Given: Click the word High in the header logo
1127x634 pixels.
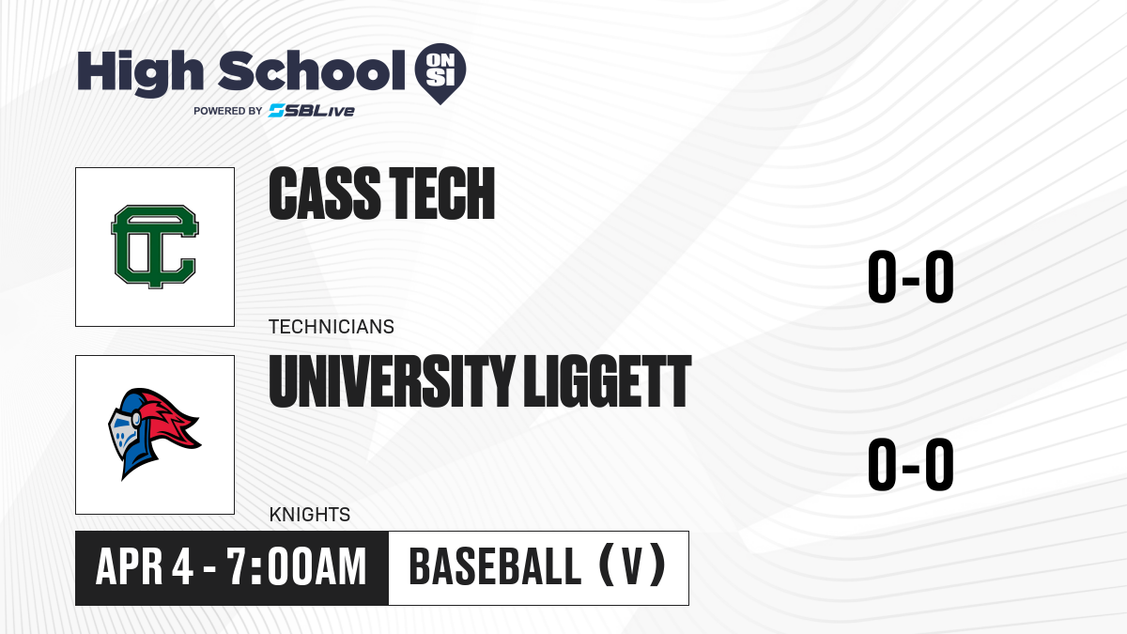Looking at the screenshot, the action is [140, 72].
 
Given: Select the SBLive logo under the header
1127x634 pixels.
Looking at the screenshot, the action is [312, 110].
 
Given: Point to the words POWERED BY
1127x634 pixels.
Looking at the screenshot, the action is [228, 111].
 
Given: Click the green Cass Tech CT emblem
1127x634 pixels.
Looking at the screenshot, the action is [155, 246].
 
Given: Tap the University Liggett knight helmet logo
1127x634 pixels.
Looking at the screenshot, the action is [154, 434].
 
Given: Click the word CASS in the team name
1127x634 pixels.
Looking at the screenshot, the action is [324, 193].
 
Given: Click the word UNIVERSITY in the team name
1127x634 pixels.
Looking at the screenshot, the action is [392, 381].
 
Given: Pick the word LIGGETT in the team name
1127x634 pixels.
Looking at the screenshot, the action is [608, 381].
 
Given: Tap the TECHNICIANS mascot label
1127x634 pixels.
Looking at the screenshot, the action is [331, 327].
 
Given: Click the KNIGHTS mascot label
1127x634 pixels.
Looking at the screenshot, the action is [309, 515].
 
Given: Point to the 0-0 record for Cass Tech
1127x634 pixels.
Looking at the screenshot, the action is [911, 276].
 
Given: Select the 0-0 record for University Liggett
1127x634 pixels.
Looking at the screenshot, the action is [911, 464].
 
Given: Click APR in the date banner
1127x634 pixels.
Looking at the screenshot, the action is [130, 566].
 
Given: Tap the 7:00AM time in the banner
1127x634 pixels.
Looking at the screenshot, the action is [297, 566].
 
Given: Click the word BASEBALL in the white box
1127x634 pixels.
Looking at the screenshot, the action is [495, 566].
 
